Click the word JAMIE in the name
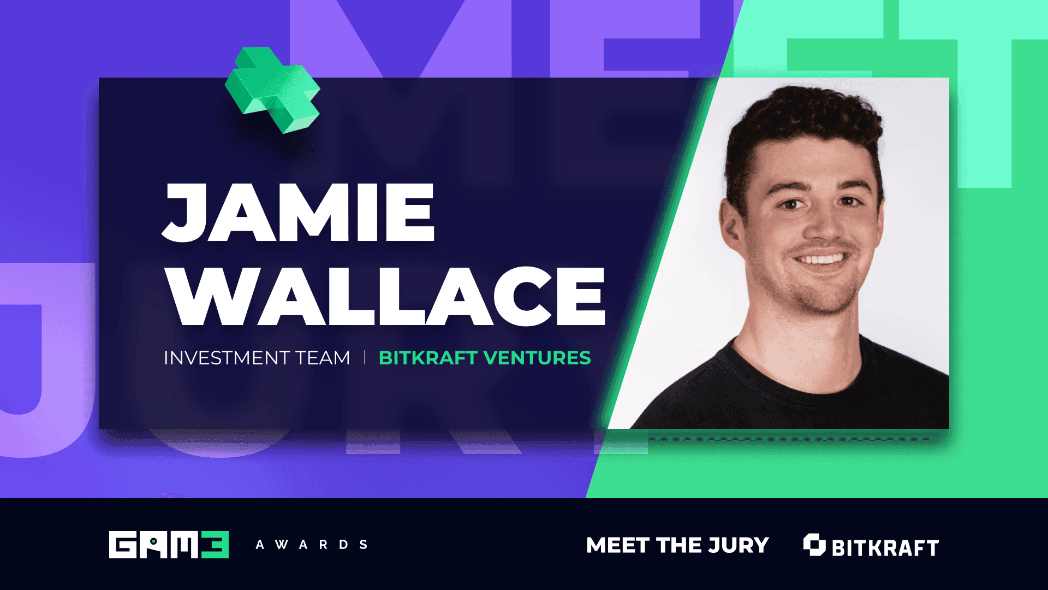click(x=299, y=213)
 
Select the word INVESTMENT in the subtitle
click(x=227, y=358)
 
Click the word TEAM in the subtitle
click(x=323, y=358)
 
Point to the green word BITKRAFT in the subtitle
click(x=428, y=358)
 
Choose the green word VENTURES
click(x=537, y=358)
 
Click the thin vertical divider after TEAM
click(x=364, y=358)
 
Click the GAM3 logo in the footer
click(x=169, y=545)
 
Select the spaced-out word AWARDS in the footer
click(x=312, y=545)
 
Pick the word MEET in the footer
click(x=618, y=545)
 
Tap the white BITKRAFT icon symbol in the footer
click(x=814, y=545)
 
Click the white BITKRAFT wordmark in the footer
click(x=885, y=547)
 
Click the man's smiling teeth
click(x=821, y=259)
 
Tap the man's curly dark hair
click(x=802, y=117)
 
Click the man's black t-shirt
click(x=791, y=399)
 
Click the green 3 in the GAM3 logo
click(x=215, y=545)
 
